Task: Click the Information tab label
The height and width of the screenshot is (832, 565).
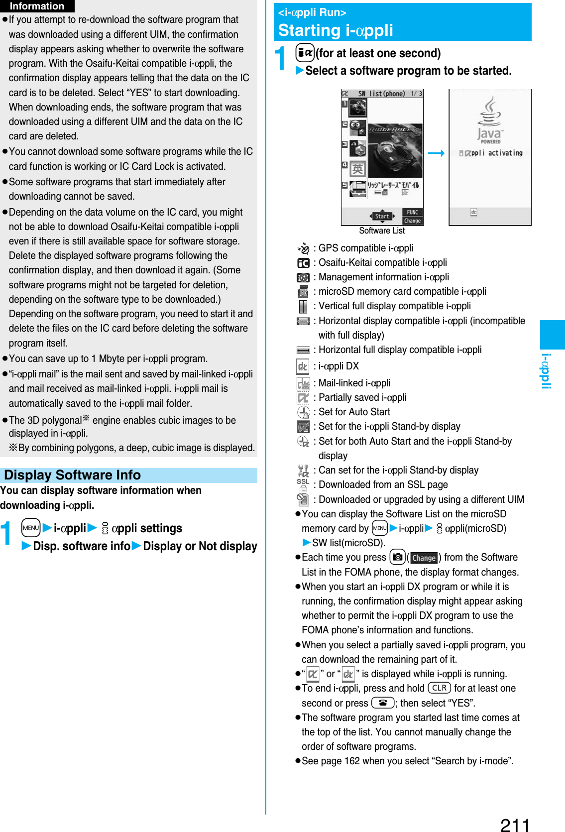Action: click(x=37, y=6)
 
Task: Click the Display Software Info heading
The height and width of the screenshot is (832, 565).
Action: click(x=72, y=475)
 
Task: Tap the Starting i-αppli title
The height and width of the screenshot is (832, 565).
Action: click(x=336, y=30)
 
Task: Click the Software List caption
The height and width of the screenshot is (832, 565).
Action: click(x=382, y=231)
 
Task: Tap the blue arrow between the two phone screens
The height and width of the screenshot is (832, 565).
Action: click(x=436, y=153)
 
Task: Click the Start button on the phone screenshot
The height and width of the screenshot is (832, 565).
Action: click(x=382, y=216)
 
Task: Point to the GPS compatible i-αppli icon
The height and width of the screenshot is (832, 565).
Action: click(x=303, y=248)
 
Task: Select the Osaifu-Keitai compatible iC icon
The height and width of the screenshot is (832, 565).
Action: click(x=303, y=263)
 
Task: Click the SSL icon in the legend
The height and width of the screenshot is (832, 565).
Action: click(x=303, y=485)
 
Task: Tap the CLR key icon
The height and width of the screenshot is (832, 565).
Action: click(x=439, y=688)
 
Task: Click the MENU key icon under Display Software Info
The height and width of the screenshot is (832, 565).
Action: click(x=31, y=528)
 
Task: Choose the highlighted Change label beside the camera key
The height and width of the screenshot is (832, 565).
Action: click(x=424, y=558)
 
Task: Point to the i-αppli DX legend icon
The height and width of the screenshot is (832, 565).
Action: click(x=303, y=366)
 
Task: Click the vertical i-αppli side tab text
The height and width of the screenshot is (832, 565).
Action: click(x=546, y=371)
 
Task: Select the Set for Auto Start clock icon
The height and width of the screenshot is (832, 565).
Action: click(x=303, y=412)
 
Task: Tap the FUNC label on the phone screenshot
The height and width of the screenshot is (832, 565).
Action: click(x=412, y=212)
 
